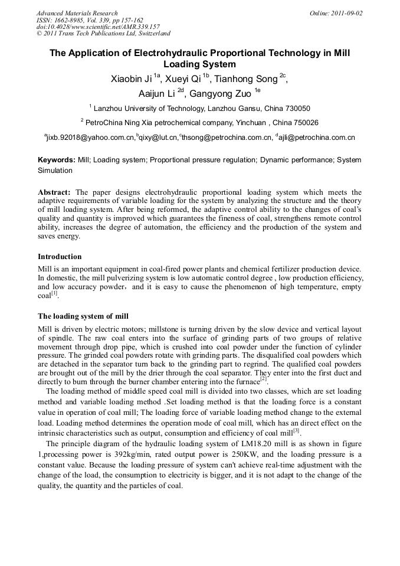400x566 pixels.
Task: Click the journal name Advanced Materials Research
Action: (77, 13)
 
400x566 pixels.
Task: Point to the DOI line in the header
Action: (98, 27)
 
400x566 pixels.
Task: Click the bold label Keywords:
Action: (57, 160)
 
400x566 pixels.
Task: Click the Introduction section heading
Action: (60, 257)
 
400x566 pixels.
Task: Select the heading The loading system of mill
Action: (83, 316)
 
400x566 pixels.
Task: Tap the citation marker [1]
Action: (54, 293)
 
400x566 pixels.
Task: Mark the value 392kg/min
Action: (123, 454)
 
